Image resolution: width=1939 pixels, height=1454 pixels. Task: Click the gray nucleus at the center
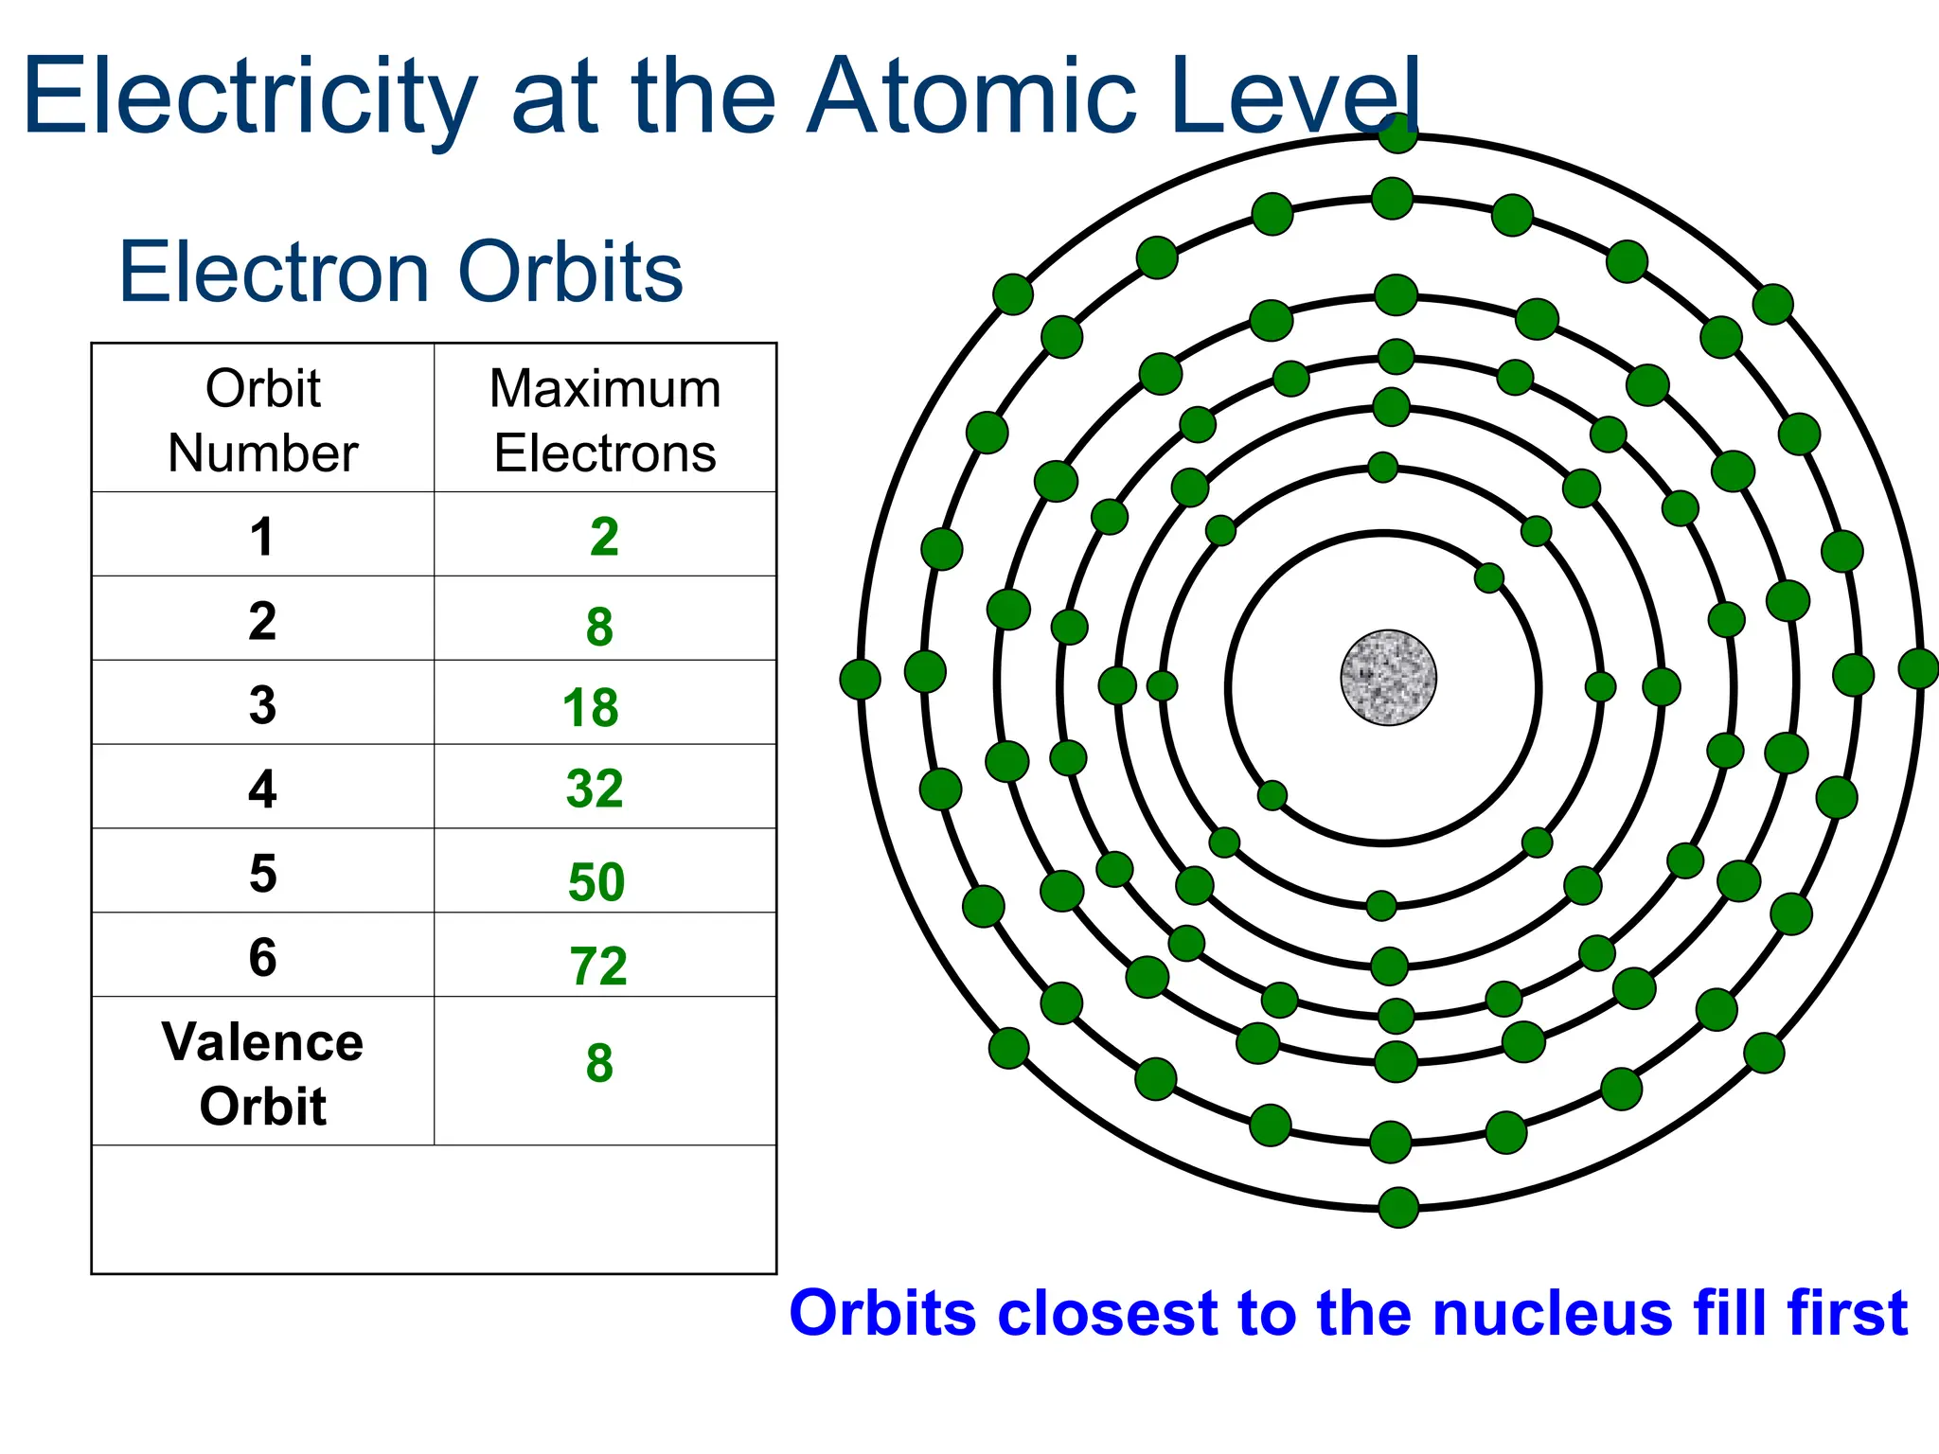pos(1388,678)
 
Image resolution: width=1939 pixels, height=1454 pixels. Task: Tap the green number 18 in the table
pos(590,708)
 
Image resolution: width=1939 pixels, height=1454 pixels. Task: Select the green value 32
pos(595,789)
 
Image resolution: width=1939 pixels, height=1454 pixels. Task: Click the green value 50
pos(596,882)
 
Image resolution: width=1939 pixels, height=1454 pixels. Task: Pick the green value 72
pos(598,966)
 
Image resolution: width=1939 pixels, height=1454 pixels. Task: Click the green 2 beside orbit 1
pos(604,538)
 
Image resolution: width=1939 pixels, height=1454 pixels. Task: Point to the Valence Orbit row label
pos(262,1073)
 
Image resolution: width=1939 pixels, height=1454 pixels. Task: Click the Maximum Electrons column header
pos(605,420)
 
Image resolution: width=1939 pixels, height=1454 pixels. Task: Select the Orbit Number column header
pos(262,420)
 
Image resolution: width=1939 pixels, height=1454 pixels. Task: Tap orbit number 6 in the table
pos(262,957)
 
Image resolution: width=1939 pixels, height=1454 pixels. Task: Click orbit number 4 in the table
pos(262,789)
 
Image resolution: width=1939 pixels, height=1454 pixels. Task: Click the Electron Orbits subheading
pos(400,273)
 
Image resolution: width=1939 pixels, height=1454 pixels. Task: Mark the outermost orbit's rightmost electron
pos(1919,668)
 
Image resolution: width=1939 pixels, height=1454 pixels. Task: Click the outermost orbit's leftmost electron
pos(860,679)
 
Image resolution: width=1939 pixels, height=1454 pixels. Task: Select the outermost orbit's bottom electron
pos(1398,1207)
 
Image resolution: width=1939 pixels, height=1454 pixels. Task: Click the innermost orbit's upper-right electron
pos(1489,577)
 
